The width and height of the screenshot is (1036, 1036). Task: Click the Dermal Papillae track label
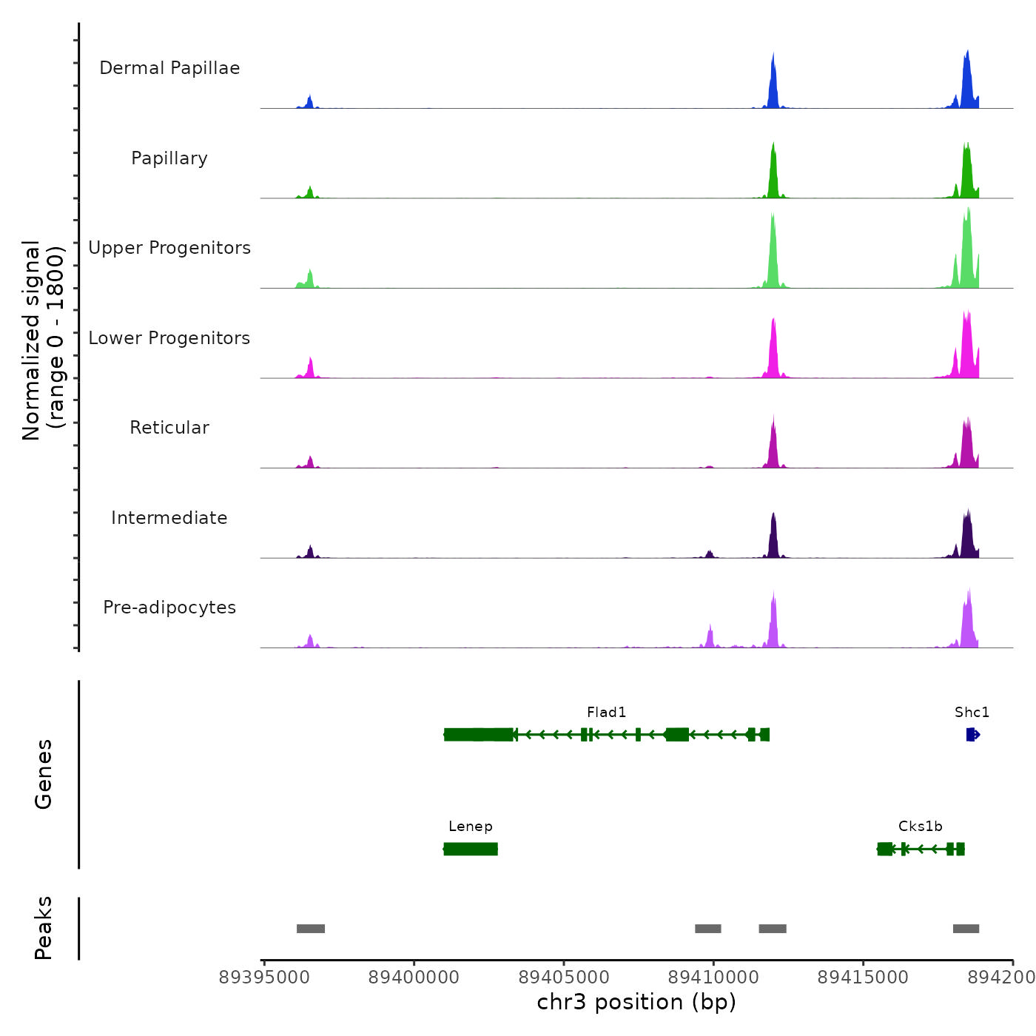(x=169, y=68)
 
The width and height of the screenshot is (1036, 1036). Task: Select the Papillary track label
(x=169, y=158)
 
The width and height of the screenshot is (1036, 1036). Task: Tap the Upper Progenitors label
(x=169, y=248)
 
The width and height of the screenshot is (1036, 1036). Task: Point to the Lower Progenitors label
(x=169, y=338)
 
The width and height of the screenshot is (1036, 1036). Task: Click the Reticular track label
(x=169, y=428)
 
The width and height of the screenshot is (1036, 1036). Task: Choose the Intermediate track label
(x=169, y=518)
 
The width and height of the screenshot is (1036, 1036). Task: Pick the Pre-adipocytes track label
(x=169, y=608)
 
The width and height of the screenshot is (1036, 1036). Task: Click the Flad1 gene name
(x=606, y=713)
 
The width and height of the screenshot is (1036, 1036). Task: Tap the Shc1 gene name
(x=972, y=713)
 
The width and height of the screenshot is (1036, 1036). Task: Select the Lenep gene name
(x=470, y=827)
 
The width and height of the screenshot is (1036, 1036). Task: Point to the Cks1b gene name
(x=920, y=827)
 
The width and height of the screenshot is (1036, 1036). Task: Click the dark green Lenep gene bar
(x=471, y=849)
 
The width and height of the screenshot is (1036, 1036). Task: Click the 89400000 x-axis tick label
(x=414, y=978)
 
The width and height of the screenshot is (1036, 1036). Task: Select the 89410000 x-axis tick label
(x=713, y=978)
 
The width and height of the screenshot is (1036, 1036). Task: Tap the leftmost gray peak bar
(x=311, y=929)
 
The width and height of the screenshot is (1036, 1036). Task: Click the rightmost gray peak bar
(x=966, y=929)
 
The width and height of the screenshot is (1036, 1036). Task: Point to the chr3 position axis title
(x=636, y=1002)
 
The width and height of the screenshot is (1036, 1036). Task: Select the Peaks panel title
(x=44, y=928)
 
